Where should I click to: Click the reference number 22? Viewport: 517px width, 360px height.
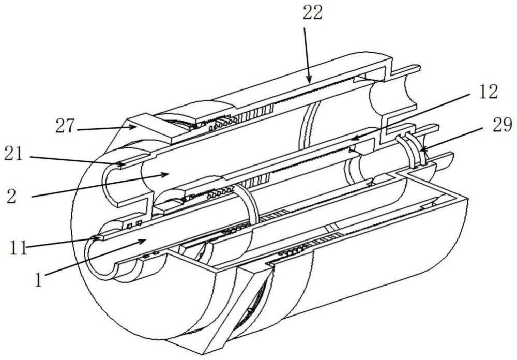tap(312, 14)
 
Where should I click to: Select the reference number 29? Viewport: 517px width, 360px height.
tap(503, 125)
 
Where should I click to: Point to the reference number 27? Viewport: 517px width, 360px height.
tap(65, 126)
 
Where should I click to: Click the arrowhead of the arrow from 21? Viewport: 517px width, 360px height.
tap(122, 163)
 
